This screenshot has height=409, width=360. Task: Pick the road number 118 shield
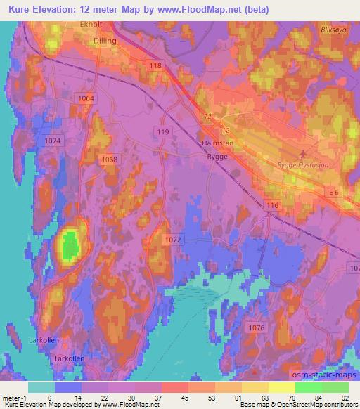[x=155, y=65]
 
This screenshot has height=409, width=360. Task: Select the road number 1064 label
[x=86, y=98]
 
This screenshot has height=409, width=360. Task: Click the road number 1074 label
[x=53, y=141]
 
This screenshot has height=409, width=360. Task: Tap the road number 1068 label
[x=109, y=160]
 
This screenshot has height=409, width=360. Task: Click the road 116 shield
[x=274, y=205]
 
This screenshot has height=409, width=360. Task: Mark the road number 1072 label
[x=174, y=240]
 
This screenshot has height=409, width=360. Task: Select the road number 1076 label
[x=257, y=327]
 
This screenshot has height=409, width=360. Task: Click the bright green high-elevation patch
[x=69, y=246]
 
